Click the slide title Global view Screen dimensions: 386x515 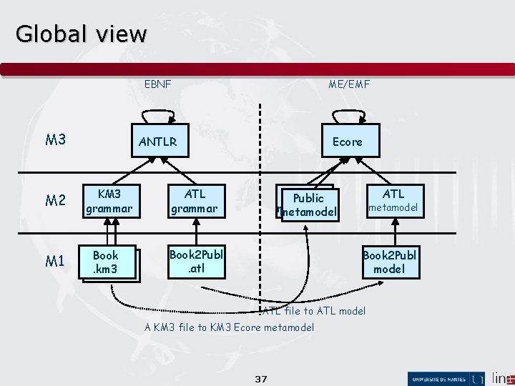(x=81, y=34)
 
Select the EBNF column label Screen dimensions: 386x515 (x=157, y=84)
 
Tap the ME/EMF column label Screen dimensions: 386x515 (x=349, y=84)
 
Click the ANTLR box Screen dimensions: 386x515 (x=157, y=142)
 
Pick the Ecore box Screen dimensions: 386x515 (x=348, y=142)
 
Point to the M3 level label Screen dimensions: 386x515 (x=56, y=139)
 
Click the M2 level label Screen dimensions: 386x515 (x=56, y=202)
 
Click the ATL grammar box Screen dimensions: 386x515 (x=195, y=201)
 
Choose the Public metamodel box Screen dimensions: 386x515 (x=308, y=204)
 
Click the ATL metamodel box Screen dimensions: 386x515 (x=393, y=201)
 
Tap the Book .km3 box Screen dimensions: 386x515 (x=107, y=262)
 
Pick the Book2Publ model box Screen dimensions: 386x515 (x=389, y=262)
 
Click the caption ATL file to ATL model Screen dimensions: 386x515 (x=314, y=311)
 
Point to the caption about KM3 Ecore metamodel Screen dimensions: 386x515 (x=229, y=327)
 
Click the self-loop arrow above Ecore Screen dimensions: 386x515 (x=348, y=115)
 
